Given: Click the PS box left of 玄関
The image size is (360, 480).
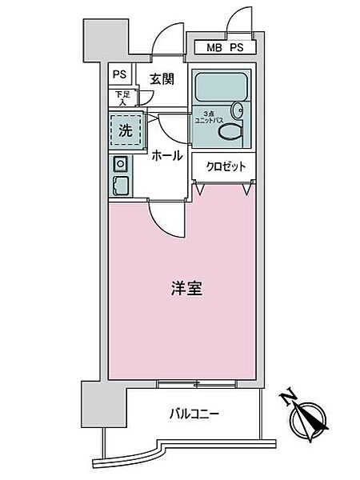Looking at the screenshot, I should tap(119, 74).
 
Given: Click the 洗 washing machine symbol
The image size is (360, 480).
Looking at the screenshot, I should tap(126, 130).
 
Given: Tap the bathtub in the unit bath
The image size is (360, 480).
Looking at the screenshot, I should tap(218, 86).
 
